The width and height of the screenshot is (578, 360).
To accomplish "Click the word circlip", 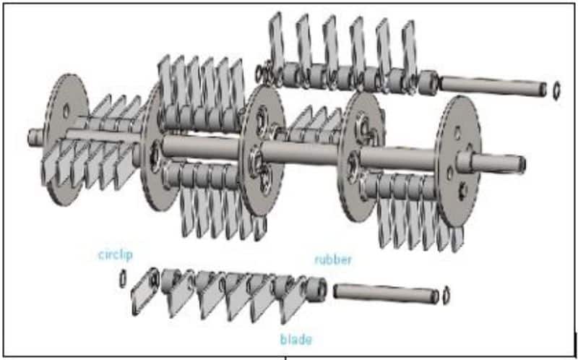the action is [116, 255].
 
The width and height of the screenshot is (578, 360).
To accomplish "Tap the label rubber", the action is [333, 260].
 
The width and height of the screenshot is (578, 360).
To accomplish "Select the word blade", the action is [296, 339].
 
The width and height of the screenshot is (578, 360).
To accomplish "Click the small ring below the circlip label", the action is [123, 278].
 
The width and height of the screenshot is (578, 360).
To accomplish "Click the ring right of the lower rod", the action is [446, 295].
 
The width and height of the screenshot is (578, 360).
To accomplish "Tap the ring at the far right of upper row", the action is [556, 90].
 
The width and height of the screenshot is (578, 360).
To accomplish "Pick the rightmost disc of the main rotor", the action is [458, 160].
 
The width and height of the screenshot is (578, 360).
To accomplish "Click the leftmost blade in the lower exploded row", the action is [145, 291].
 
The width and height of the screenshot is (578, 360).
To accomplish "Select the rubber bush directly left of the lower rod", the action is [316, 290].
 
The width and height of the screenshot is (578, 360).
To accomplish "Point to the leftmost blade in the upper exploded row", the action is [277, 40].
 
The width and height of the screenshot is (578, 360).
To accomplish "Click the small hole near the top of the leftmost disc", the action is [66, 111].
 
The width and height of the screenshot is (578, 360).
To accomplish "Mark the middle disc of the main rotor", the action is [262, 150].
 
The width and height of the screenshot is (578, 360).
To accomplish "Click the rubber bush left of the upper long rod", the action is [428, 82].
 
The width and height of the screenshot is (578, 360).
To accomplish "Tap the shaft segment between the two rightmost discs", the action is [399, 159].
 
